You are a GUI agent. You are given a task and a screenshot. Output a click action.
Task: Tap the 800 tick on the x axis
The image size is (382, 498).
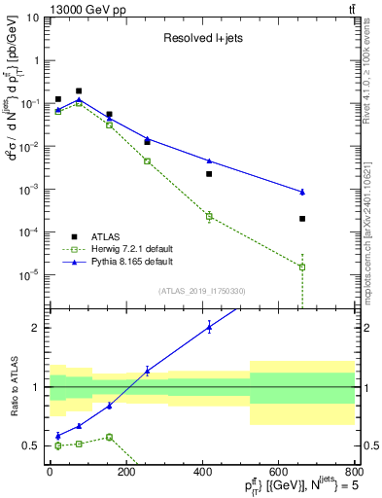(x=355, y=472)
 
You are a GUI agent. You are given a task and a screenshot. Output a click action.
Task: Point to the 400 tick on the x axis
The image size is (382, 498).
(x=202, y=472)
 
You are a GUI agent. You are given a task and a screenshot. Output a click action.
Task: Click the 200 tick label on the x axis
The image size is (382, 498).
(x=125, y=472)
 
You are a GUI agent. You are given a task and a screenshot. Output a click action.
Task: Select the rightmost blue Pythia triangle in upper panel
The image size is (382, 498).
(x=302, y=192)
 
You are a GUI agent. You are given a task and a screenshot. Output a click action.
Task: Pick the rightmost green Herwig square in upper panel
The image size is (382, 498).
(x=302, y=267)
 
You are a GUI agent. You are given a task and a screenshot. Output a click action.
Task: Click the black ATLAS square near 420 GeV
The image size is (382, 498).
(x=209, y=174)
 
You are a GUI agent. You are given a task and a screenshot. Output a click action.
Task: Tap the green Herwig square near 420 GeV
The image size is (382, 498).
(x=209, y=216)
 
